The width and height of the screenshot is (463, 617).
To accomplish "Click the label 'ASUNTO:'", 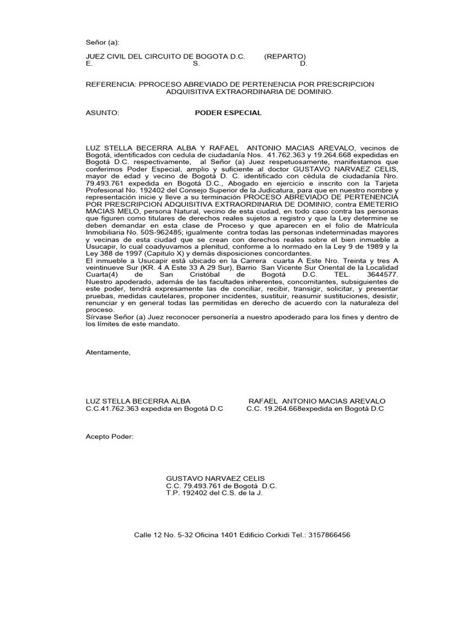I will pos(104,113).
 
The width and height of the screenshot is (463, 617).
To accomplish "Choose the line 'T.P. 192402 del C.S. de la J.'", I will pos(215,493).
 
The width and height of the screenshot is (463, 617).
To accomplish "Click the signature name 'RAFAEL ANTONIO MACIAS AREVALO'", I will pos(317,401).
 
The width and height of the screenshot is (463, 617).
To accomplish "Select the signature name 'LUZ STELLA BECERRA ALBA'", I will pos(139,401).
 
